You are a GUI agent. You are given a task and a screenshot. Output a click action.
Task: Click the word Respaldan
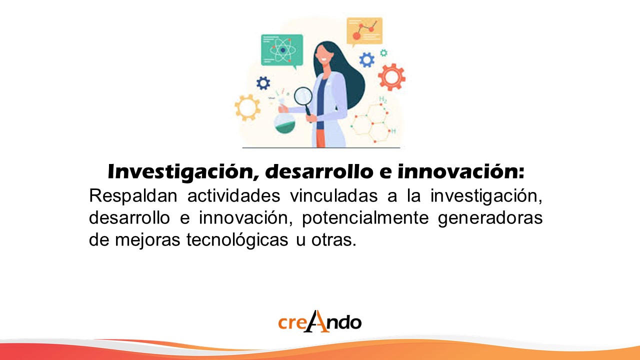(133, 196)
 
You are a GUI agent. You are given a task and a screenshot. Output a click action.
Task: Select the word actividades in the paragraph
(233, 195)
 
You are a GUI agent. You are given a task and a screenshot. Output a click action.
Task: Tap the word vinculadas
(334, 195)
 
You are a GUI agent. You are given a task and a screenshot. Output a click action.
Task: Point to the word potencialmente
(365, 218)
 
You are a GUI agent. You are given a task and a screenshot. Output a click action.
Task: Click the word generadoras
(490, 218)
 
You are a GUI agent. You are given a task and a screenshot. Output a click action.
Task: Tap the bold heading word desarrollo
(319, 171)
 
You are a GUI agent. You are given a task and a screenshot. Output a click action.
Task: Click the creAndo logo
(319, 321)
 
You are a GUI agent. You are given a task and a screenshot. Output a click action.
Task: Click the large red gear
(391, 77)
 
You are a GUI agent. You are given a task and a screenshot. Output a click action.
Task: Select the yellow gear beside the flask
(247, 107)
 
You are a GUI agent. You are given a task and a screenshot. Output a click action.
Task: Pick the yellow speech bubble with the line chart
(364, 31)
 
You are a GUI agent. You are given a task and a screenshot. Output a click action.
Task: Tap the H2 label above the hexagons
(383, 99)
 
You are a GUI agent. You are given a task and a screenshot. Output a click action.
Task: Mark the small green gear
(383, 53)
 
